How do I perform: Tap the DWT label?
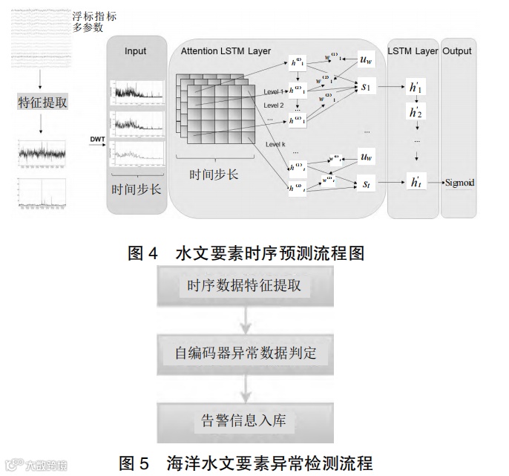coord(97,139)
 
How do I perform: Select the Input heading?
coord(135,51)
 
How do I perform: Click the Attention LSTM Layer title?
coord(225,51)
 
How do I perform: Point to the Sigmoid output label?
coord(459,182)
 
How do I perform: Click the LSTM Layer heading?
coord(413,51)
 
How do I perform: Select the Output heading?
coord(457,51)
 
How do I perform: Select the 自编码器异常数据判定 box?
coord(244,353)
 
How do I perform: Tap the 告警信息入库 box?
coord(244,420)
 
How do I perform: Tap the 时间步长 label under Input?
coord(136,189)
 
